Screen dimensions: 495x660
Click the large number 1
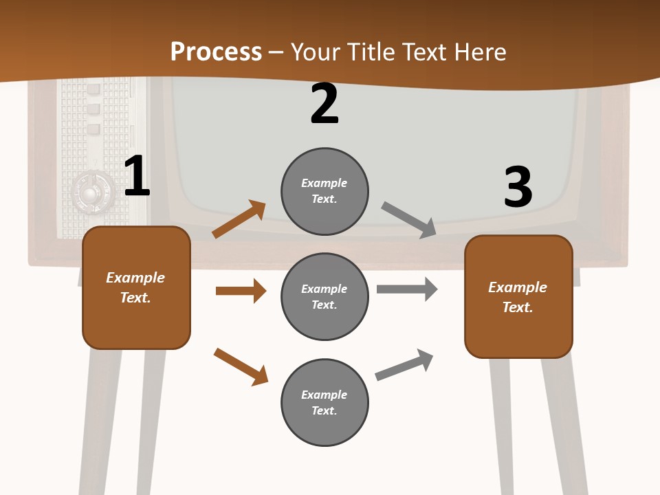pos(137,176)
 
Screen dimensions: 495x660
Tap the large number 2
pos(324,104)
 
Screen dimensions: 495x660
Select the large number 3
pos(518,187)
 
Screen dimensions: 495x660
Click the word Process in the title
pos(216,52)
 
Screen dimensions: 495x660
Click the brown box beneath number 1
pos(136,287)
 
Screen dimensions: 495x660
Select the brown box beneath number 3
pos(518,296)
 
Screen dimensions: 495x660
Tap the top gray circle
pos(324,191)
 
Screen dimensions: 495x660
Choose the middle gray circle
pos(324,296)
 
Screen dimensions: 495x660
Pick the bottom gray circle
pos(324,402)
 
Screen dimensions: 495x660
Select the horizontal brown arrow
pos(241,291)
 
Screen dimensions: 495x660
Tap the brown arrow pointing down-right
pos(241,366)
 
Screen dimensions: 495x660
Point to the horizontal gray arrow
pos(407,289)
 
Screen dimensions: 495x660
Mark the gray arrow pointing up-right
pos(404,364)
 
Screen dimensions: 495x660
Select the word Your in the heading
pos(315,52)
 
